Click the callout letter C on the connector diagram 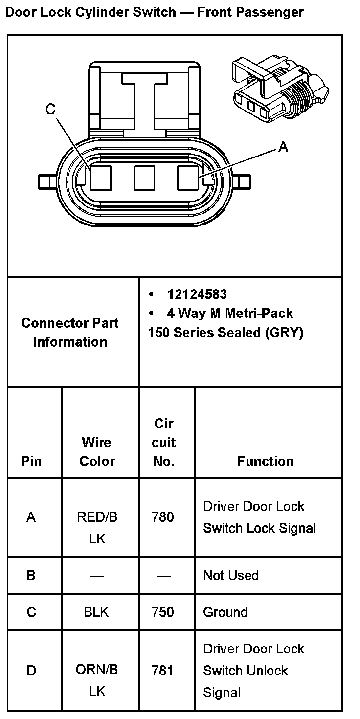point(51,110)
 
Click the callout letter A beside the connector point(283,146)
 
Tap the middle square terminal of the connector point(145,178)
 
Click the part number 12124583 point(197,294)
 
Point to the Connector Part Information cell point(70,332)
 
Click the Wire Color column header point(97,451)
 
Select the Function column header point(265,461)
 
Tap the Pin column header point(31,461)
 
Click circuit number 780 point(163,517)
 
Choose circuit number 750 point(163,612)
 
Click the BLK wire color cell point(96,612)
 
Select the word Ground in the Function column point(225,612)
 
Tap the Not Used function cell point(230,575)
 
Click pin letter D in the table point(31,670)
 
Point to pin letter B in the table point(31,575)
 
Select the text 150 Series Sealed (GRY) point(225,333)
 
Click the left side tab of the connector point(46,182)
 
